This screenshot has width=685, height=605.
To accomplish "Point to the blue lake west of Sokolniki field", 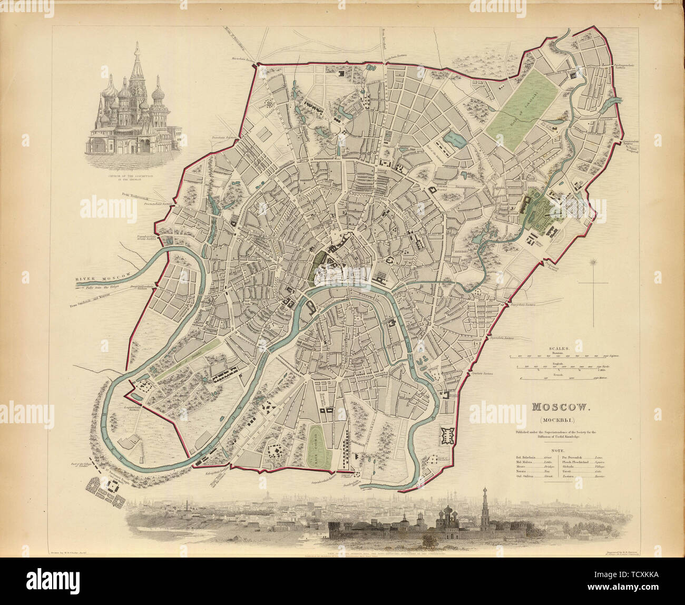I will pyautogui.click(x=452, y=140).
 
